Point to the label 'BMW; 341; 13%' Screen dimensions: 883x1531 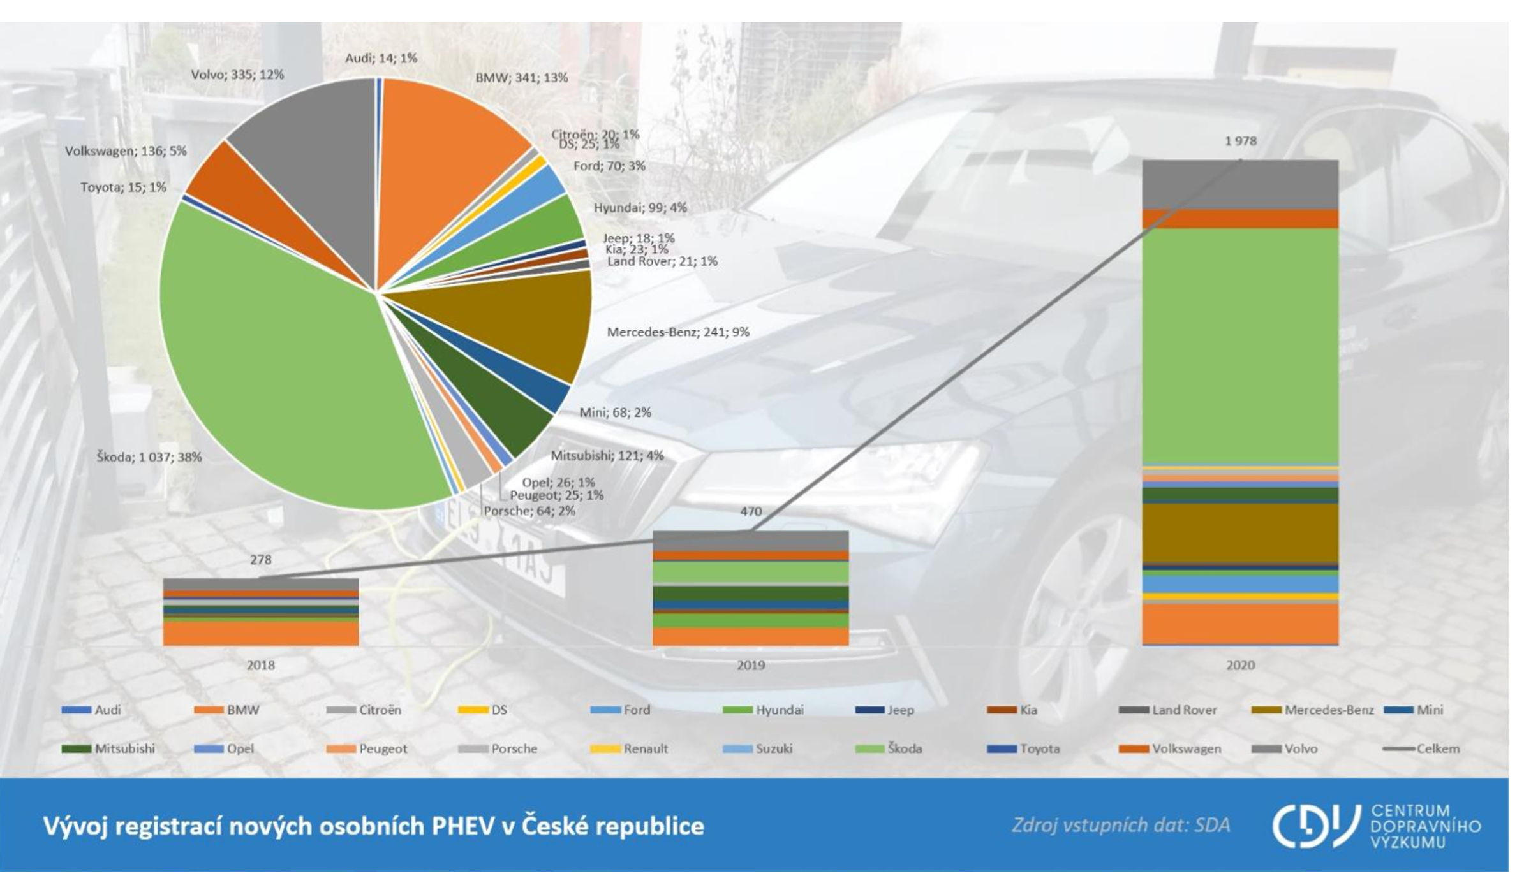(521, 78)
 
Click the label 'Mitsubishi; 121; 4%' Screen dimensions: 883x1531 (607, 456)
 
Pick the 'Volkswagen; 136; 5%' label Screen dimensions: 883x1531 (126, 151)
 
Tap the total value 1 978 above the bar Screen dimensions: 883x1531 (1240, 141)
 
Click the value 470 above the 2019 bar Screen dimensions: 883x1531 (751, 511)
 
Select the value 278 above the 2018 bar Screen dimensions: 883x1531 (260, 560)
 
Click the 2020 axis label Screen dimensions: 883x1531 (1240, 666)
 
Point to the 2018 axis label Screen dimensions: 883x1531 (260, 666)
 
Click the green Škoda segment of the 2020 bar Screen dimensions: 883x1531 (1240, 344)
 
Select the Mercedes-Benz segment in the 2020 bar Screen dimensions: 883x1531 (1240, 532)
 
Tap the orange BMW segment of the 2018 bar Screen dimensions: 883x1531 (260, 634)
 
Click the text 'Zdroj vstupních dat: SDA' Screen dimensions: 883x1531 (1120, 826)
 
